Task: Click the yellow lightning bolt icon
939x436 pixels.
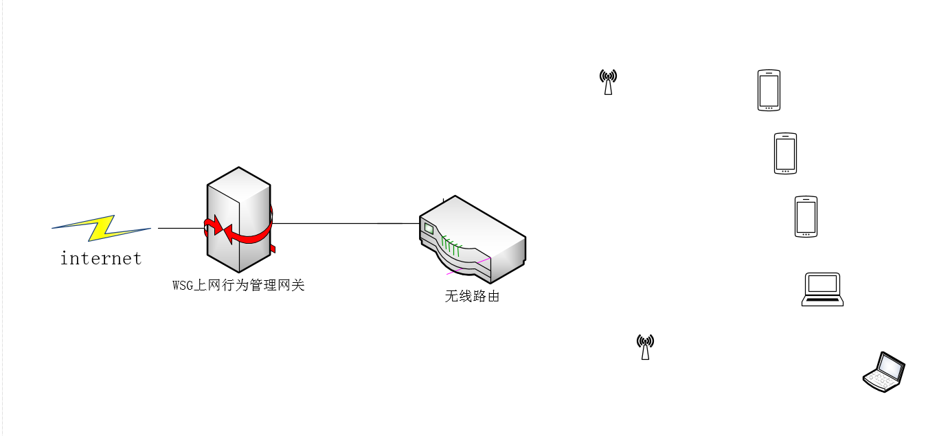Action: (x=102, y=228)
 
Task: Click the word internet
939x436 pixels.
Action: (x=101, y=259)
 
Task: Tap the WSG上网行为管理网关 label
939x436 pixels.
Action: (x=238, y=285)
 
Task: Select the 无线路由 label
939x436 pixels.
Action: (x=472, y=297)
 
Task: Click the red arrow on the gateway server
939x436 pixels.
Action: (x=244, y=234)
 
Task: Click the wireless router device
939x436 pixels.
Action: (x=474, y=240)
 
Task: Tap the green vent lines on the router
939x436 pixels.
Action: (x=451, y=245)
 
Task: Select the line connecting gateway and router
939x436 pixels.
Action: (x=343, y=223)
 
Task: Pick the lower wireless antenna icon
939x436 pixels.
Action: (x=645, y=347)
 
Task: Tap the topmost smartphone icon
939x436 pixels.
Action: (x=769, y=90)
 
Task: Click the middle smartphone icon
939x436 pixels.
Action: (x=785, y=153)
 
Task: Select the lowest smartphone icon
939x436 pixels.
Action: (x=806, y=217)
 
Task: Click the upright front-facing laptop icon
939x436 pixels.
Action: (x=822, y=289)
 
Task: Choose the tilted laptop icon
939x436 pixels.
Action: (x=885, y=372)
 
